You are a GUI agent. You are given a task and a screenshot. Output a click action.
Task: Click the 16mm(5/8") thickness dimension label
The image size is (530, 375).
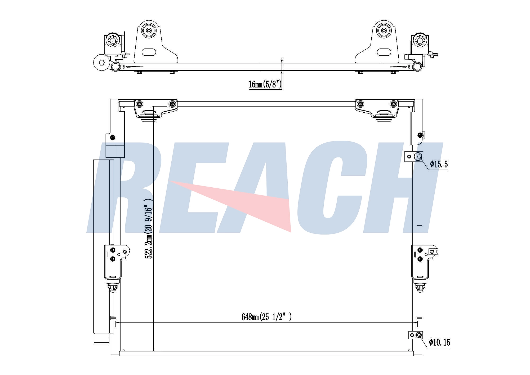(x=265, y=84)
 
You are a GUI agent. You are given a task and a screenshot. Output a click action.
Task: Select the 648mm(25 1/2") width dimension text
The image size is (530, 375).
(x=266, y=317)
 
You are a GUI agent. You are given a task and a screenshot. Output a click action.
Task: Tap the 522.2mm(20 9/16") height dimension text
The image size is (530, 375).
(x=148, y=228)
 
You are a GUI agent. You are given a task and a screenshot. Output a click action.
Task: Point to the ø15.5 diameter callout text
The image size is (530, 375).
(x=439, y=164)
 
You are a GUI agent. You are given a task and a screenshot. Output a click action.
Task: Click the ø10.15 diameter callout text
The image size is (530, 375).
(x=440, y=342)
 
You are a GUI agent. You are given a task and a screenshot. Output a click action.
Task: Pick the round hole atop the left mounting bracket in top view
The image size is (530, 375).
(x=149, y=30)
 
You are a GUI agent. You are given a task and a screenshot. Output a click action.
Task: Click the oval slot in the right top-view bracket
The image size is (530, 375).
(x=384, y=52)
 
